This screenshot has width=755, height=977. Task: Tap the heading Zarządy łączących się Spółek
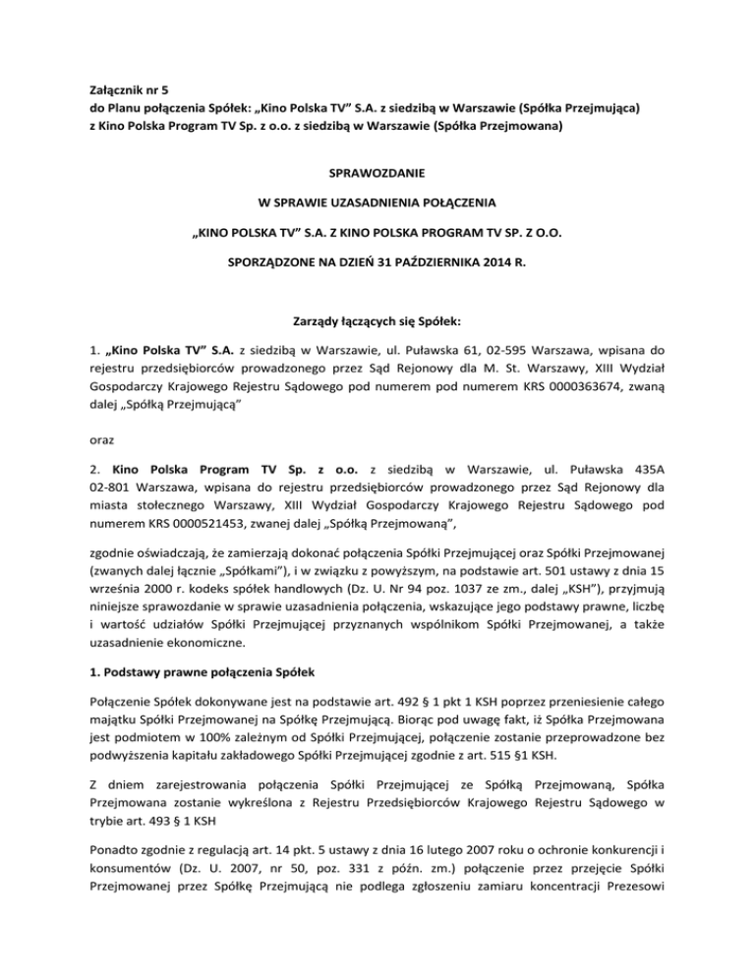pos(377,320)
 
